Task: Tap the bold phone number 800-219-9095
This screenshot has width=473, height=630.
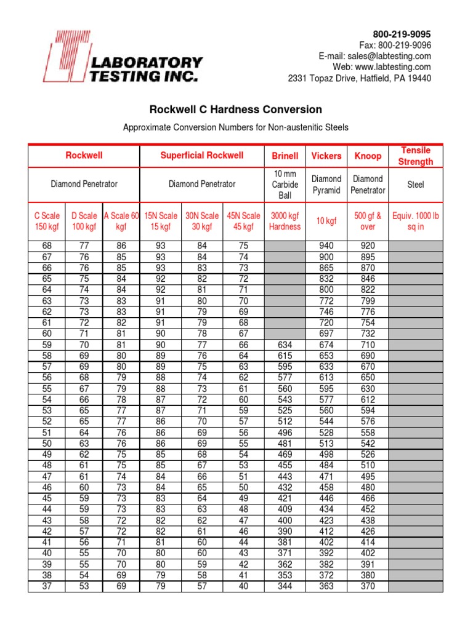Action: (402, 34)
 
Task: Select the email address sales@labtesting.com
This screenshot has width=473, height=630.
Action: (392, 56)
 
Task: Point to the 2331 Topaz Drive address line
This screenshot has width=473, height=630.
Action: (360, 78)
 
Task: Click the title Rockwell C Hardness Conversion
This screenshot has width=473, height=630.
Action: (236, 110)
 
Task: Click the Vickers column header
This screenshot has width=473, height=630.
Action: (326, 156)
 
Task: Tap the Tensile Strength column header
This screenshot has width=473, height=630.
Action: (416, 156)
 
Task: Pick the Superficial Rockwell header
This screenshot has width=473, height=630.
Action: (202, 156)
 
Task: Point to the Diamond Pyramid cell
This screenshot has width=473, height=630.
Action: (326, 185)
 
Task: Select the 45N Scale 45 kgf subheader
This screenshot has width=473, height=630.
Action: (243, 221)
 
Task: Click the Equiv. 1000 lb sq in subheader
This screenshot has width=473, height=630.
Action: (416, 221)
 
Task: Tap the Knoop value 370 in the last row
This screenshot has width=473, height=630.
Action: (367, 586)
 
